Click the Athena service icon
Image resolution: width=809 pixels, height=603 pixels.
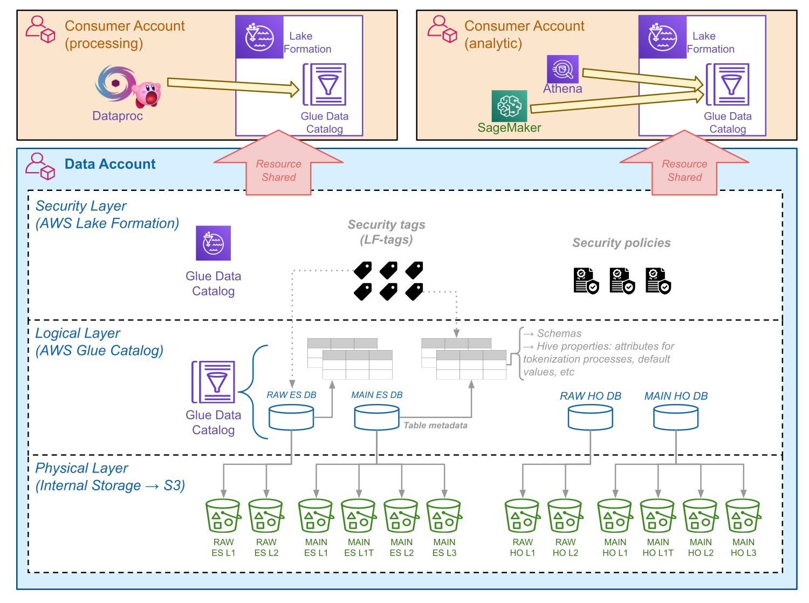click(563, 69)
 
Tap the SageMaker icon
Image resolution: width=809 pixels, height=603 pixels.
click(509, 106)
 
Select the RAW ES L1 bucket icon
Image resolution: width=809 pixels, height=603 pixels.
click(223, 516)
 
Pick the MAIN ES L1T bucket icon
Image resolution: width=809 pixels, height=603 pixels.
click(359, 516)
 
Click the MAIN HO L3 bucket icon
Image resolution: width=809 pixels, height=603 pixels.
click(743, 516)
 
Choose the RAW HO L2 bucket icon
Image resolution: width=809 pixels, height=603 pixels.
click(565, 516)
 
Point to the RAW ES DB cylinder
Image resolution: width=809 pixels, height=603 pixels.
click(291, 418)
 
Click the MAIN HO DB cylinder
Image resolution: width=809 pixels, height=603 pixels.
click(676, 418)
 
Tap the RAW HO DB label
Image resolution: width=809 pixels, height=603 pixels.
click(591, 396)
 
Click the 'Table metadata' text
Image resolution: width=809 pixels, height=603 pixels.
click(435, 426)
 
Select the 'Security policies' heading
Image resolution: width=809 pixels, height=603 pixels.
click(621, 243)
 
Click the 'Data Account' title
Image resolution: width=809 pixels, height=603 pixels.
click(110, 164)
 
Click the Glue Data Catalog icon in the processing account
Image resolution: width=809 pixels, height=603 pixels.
click(325, 85)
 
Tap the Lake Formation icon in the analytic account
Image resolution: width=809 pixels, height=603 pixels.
click(663, 37)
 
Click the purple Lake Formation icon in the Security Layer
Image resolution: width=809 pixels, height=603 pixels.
click(213, 243)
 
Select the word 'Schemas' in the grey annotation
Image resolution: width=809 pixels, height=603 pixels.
click(559, 333)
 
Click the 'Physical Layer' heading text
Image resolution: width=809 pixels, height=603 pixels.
click(82, 468)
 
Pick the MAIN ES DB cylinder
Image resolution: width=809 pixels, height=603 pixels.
click(376, 418)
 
